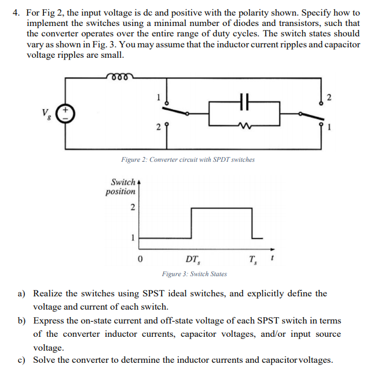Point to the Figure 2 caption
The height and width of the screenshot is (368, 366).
pos(188,159)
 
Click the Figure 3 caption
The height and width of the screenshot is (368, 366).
pos(194,274)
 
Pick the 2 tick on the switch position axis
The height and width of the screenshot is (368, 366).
pos(133,209)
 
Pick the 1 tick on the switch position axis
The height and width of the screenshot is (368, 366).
pos(133,236)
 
